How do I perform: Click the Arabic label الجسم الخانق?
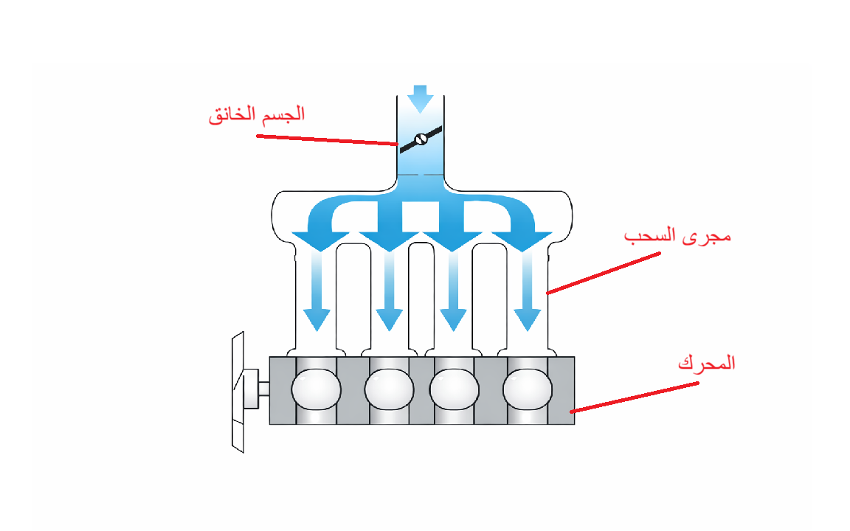(x=257, y=115)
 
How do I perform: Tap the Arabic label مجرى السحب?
(x=677, y=237)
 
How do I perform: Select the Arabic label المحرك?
(x=706, y=364)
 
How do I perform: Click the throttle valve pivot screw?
(x=421, y=139)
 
